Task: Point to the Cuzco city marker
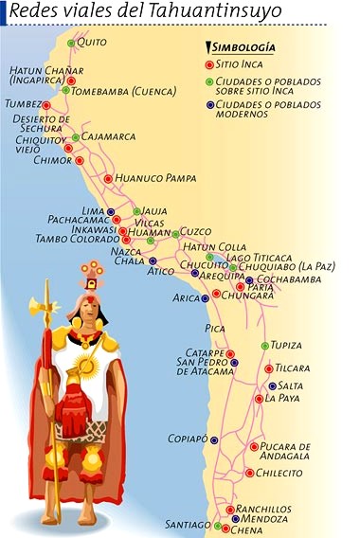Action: point(175,232)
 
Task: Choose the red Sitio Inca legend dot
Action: point(209,63)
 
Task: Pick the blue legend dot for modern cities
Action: point(209,104)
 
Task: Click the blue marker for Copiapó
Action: point(214,439)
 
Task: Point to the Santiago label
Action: point(186,524)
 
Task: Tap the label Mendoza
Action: point(265,519)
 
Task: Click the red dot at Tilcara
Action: point(268,368)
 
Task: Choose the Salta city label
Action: point(291,386)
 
